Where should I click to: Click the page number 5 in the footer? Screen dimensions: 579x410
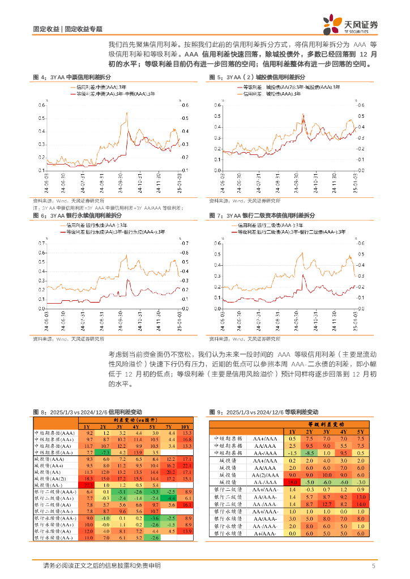point(373,565)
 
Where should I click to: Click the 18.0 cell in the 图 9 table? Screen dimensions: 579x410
point(292,482)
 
